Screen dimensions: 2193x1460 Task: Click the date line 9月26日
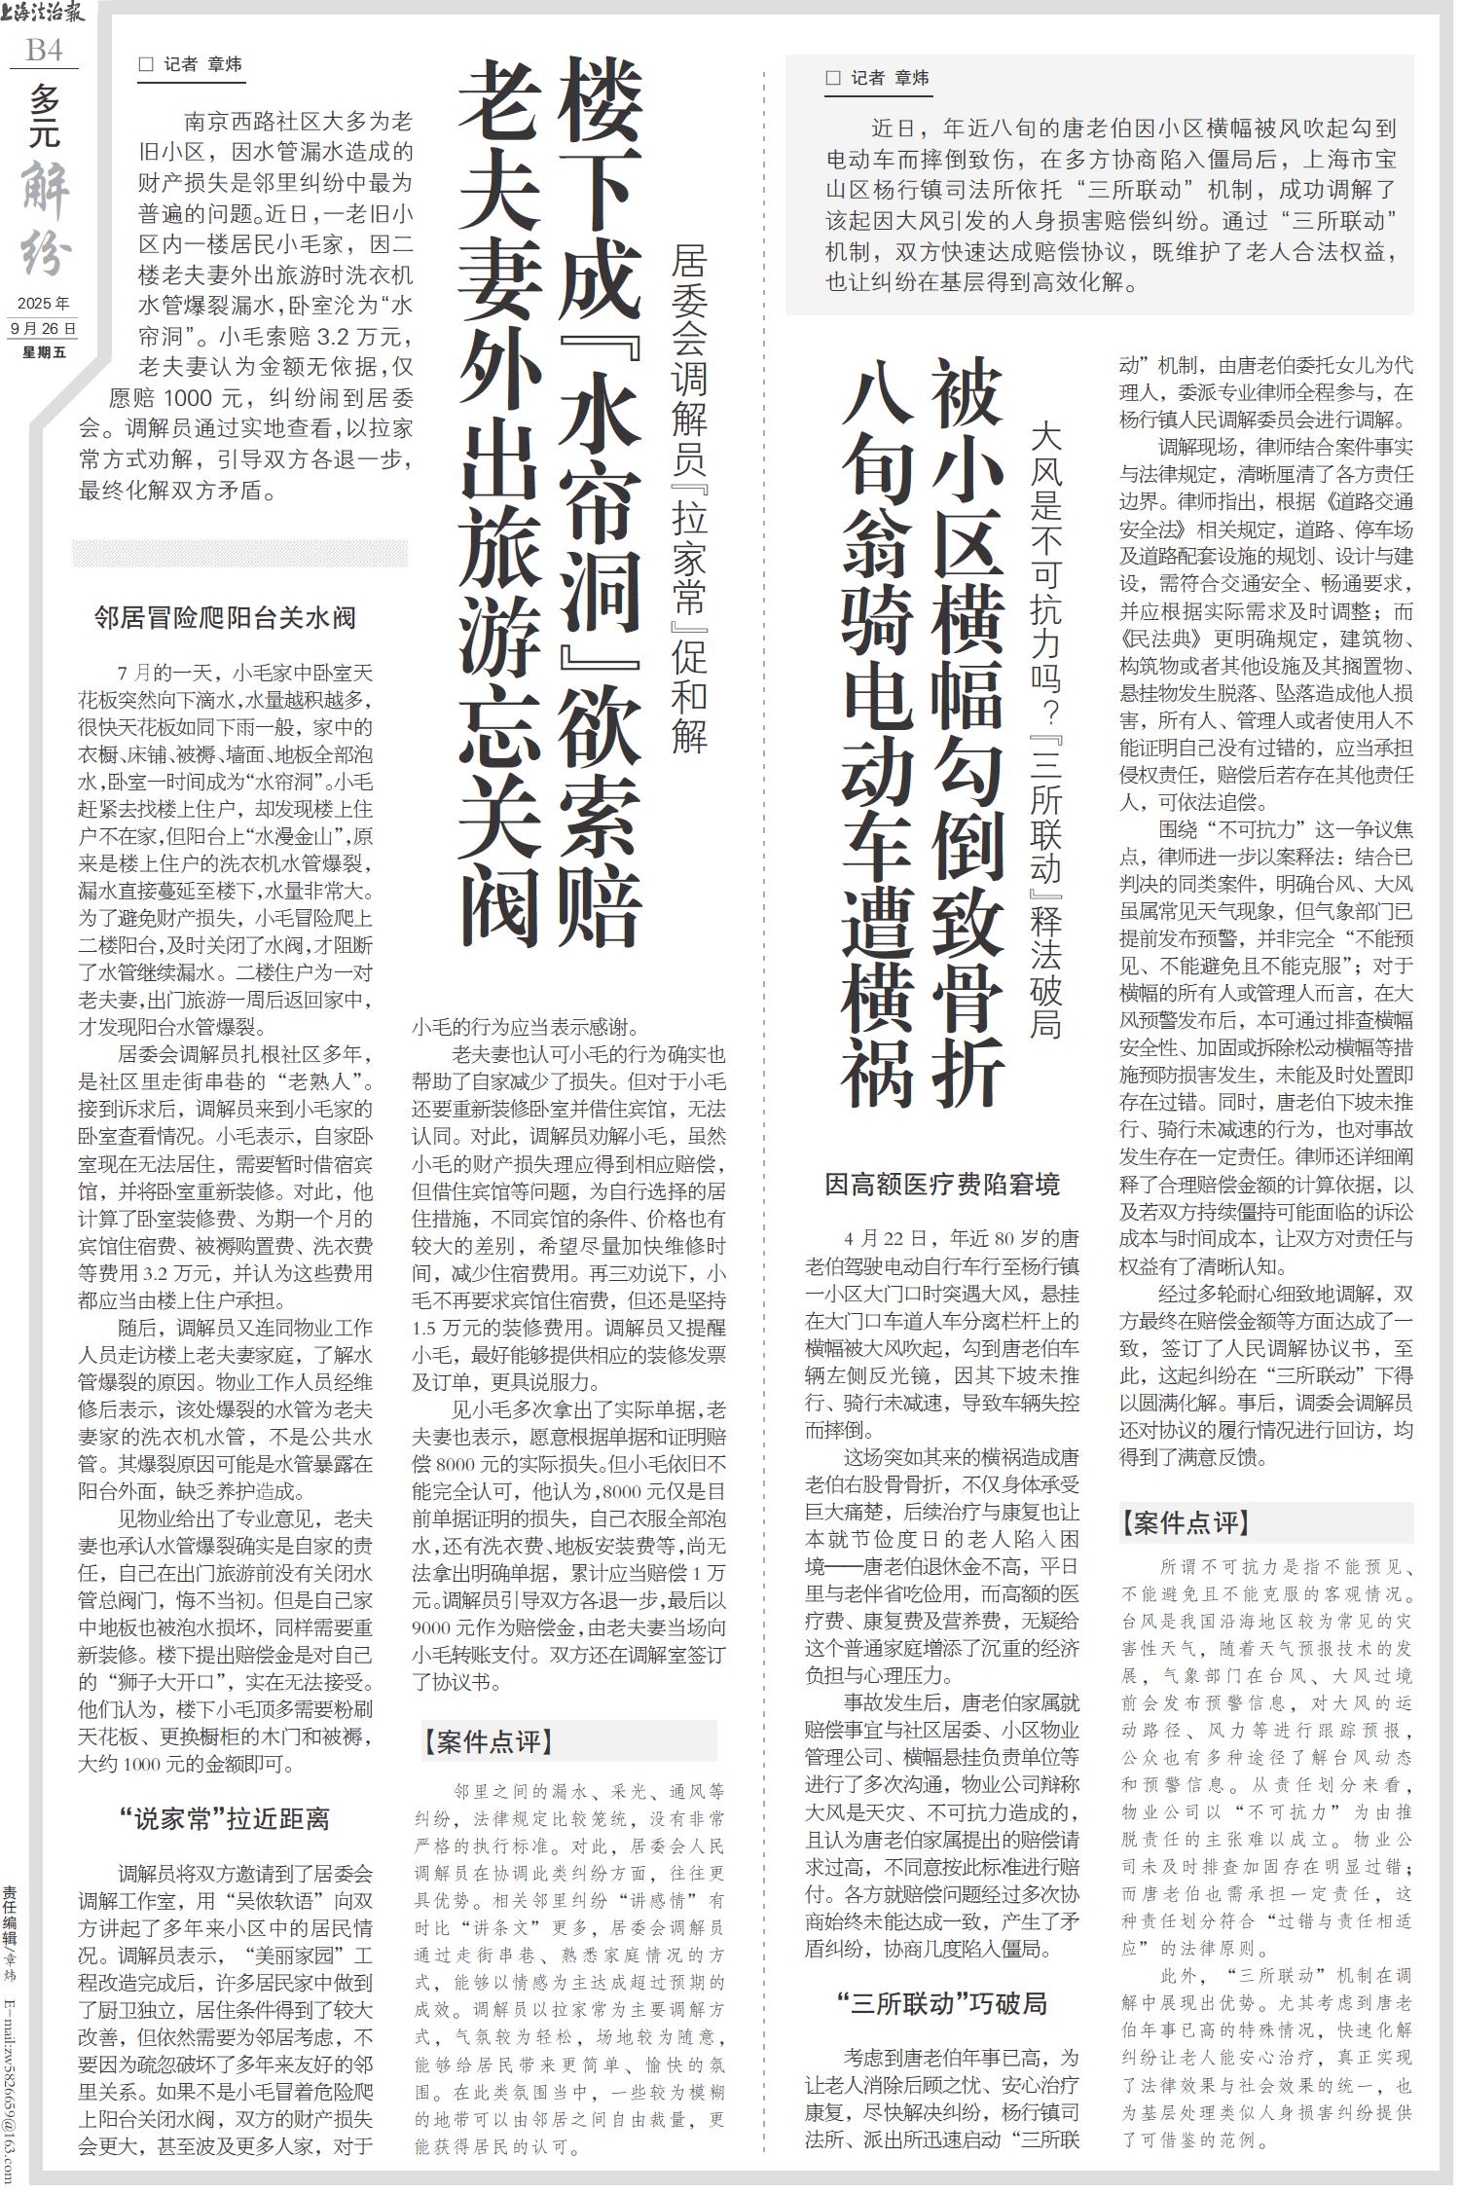pyautogui.click(x=43, y=329)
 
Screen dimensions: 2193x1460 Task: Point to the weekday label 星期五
pyautogui.click(x=44, y=351)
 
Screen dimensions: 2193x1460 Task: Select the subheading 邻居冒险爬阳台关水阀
pyautogui.click(x=224, y=617)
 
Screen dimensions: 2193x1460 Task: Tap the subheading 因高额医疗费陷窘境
pyautogui.click(x=941, y=1185)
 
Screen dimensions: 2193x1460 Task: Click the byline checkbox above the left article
pyautogui.click(x=147, y=65)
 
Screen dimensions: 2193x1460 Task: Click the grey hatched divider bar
pyautogui.click(x=239, y=552)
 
